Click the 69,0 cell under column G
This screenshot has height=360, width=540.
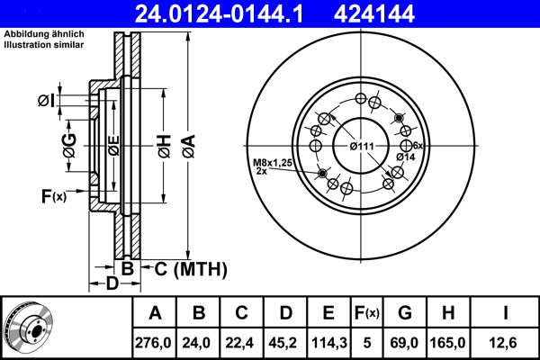(404, 341)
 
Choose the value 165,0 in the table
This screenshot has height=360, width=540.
(450, 341)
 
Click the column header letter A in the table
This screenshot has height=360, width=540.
(155, 313)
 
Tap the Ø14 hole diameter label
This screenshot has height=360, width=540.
(406, 157)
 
